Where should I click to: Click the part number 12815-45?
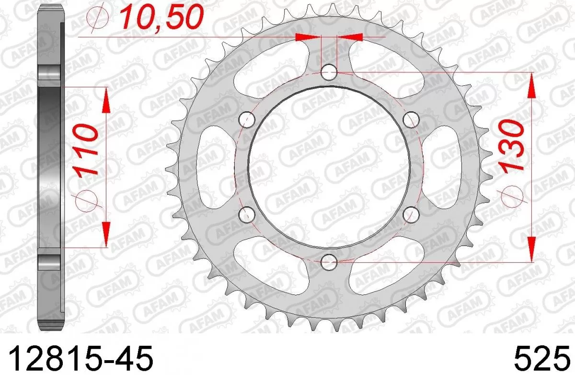click(x=81, y=357)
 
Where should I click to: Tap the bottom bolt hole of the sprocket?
click(x=329, y=261)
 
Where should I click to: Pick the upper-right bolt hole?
click(x=411, y=118)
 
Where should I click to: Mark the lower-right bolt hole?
click(x=411, y=214)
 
